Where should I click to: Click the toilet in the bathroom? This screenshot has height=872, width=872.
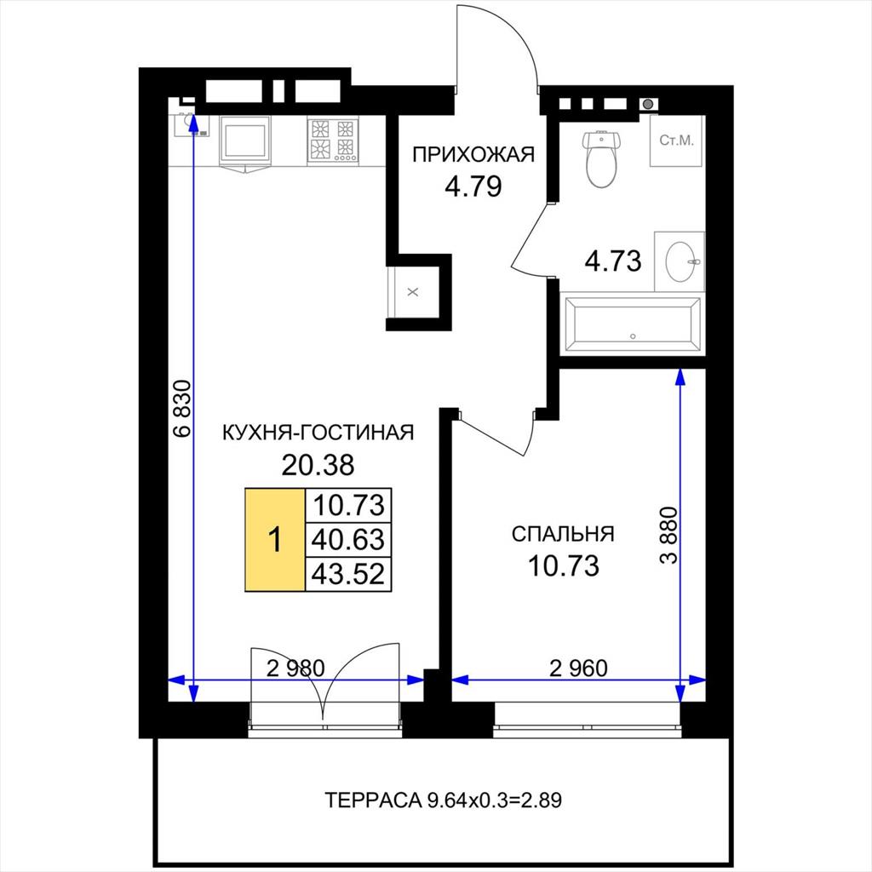pos(600,159)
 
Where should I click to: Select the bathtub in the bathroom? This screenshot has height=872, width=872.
pos(633,324)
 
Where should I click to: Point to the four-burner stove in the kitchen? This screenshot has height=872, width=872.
pos(333,141)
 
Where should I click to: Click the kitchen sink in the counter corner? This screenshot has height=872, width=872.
pos(192,125)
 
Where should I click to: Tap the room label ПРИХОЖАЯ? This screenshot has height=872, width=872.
pos(473,154)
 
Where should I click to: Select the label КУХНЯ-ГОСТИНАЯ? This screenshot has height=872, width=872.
pos(318,432)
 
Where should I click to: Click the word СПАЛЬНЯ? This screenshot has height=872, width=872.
pos(563,534)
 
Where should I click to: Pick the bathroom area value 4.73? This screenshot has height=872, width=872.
pos(613,261)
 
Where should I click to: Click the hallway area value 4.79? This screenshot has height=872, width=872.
pos(473,186)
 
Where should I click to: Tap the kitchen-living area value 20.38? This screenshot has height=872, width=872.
pos(318,464)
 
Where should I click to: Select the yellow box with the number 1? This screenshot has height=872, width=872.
pos(275,539)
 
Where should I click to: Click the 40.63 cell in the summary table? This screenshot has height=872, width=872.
pos(348,539)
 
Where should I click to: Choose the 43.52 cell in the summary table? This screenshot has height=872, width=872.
pos(348,573)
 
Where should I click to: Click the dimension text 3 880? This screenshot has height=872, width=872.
pos(669,535)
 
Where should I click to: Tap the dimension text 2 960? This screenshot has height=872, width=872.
pos(578,668)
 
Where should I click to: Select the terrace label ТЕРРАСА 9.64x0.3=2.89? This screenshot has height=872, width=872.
pos(443,800)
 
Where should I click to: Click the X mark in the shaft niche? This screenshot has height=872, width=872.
pos(413,292)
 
